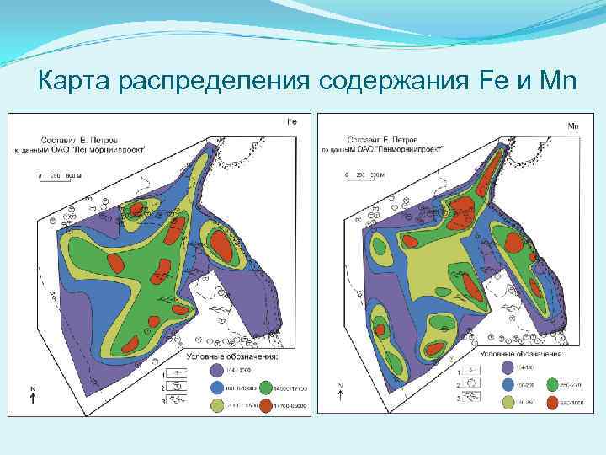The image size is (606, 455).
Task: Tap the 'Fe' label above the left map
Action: [x=293, y=121]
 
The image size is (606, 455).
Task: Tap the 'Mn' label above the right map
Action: [x=574, y=126]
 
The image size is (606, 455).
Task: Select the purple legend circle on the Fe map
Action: [x=217, y=369]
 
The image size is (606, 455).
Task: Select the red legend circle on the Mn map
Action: [x=552, y=402]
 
